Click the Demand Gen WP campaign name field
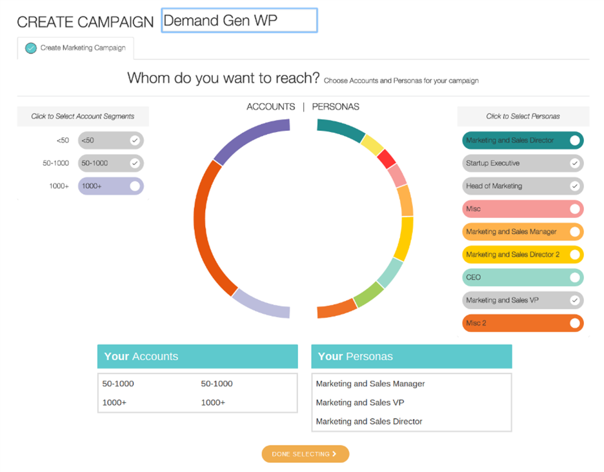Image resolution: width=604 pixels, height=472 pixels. tap(239, 21)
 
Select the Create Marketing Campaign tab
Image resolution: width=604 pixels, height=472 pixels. tap(75, 48)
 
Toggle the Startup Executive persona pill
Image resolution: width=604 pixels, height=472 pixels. tap(523, 163)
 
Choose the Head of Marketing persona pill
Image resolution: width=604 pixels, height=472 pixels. tap(523, 186)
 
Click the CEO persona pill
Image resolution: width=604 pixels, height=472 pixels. tap(523, 277)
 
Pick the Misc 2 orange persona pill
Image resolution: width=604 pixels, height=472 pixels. tap(523, 323)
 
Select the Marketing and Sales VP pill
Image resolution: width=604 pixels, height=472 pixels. tap(523, 300)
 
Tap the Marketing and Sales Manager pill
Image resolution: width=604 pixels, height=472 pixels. tap(523, 231)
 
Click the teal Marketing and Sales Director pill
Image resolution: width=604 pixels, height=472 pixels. tap(523, 141)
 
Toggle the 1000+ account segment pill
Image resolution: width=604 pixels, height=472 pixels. tap(111, 186)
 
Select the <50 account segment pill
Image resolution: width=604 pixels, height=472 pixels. tap(111, 141)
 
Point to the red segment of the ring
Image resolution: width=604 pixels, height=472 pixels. tap(387, 158)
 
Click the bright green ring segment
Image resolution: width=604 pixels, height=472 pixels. tap(369, 294)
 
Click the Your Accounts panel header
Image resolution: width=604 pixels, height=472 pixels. tap(197, 357)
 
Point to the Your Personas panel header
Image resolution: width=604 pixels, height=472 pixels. tap(412, 357)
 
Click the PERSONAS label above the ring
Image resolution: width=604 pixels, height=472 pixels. tap(336, 107)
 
